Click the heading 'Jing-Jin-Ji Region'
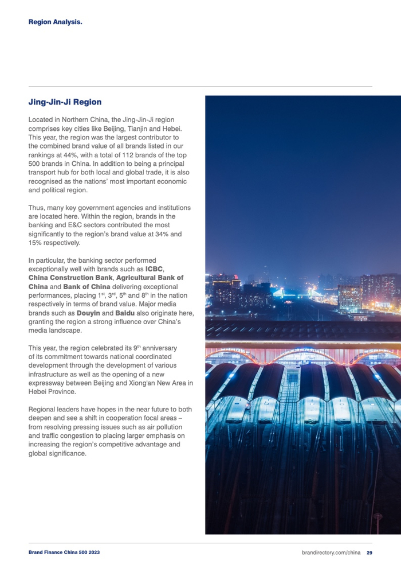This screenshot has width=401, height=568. click(65, 102)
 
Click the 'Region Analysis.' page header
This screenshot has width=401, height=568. click(55, 22)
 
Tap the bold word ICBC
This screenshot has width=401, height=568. click(154, 269)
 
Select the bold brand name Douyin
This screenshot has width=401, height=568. click(89, 313)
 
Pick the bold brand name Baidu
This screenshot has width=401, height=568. click(124, 313)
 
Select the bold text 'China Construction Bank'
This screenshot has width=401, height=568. click(70, 278)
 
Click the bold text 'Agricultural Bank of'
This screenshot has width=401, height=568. click(150, 278)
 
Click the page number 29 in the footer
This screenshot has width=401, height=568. click(369, 553)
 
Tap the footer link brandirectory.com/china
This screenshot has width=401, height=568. click(331, 553)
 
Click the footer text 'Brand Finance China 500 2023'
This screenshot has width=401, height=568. click(64, 553)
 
